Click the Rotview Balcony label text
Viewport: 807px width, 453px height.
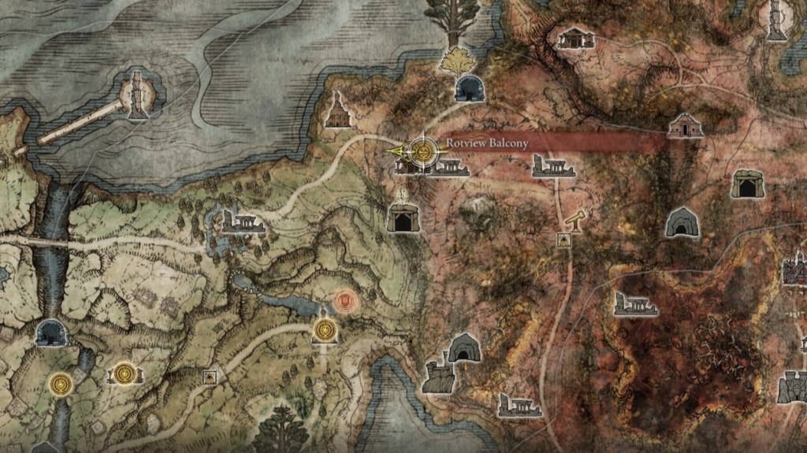(x=486, y=143)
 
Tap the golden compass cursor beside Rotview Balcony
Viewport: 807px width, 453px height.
(x=423, y=150)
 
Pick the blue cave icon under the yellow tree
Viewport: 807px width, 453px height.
(x=470, y=88)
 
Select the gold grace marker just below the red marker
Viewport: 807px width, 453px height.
(x=324, y=331)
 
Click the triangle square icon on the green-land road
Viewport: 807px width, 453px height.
(x=209, y=378)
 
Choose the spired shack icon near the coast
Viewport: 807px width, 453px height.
(x=339, y=111)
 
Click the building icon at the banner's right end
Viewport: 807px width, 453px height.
(x=685, y=125)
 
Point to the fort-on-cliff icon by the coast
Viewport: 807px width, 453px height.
(x=436, y=377)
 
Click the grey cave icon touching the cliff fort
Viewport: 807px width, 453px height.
(x=464, y=347)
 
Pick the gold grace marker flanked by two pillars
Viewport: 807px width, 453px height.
(x=124, y=373)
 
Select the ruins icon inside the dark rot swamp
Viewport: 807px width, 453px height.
(x=635, y=304)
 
